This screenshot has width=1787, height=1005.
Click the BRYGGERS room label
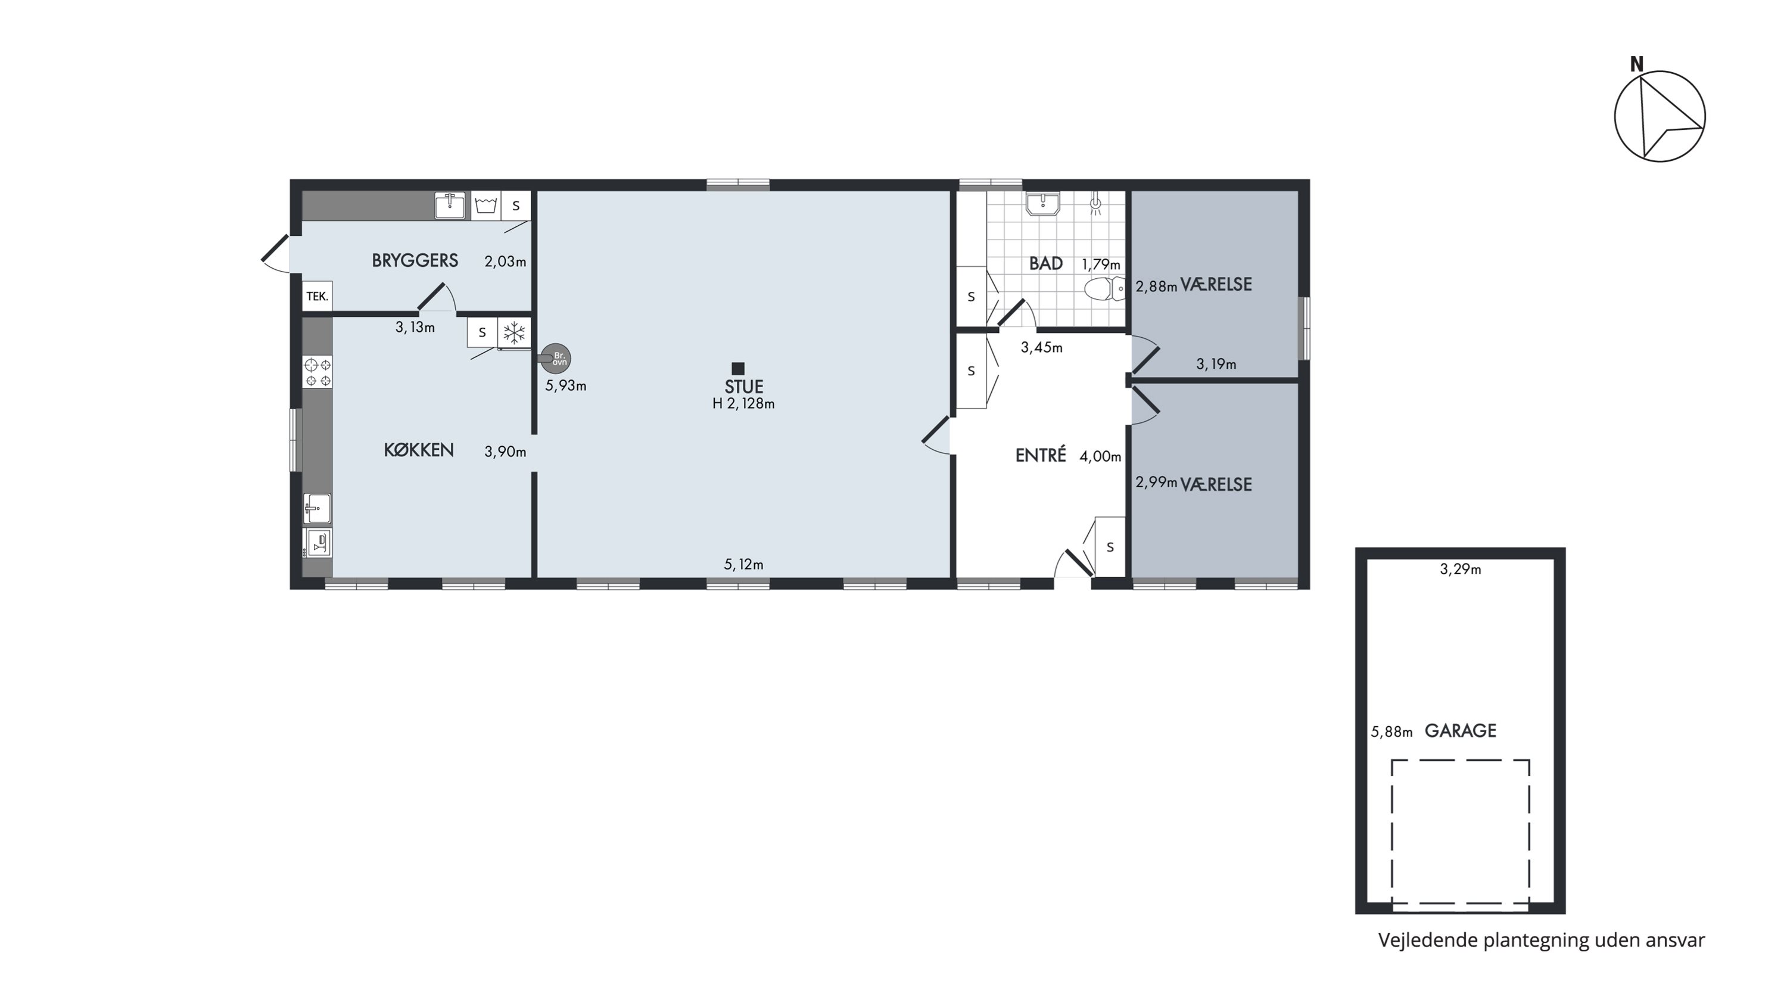coord(415,261)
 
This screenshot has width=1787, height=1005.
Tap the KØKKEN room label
coord(419,450)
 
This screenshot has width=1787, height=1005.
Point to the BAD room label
coord(1045,263)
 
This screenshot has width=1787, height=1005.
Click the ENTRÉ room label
coord(1041,455)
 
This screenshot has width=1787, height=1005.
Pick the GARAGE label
coord(1460,730)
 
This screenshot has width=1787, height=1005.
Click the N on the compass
coord(1636,64)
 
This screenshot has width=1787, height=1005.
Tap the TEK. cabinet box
coord(317,296)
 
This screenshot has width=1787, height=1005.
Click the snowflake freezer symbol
coord(514,334)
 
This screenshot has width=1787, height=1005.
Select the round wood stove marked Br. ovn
coord(556,359)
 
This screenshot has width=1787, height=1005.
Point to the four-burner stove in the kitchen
coord(317,372)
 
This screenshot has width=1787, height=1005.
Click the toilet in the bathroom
coord(1105,288)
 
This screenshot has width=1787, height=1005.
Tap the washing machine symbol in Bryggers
coord(486,206)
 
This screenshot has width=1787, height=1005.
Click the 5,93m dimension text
coord(565,386)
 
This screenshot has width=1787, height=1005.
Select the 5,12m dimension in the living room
coord(743,565)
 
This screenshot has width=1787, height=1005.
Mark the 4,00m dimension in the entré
coord(1100,457)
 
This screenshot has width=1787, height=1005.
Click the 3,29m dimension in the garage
coord(1460,570)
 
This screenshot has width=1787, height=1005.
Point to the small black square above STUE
coord(738,369)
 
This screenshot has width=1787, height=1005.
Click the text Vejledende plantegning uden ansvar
coord(1542,941)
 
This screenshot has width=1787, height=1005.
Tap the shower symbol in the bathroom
coord(1095,204)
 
